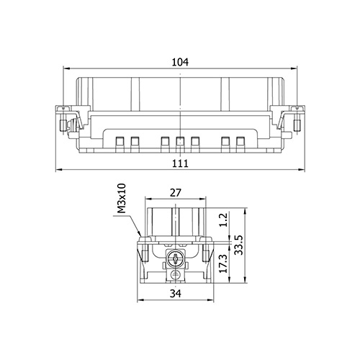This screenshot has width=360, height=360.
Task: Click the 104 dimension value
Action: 180,62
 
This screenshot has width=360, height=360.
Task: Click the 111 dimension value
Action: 181,163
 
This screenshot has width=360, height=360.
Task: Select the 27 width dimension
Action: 175,193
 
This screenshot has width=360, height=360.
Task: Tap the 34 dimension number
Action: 176,293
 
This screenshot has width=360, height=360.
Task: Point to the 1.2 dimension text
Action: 223,220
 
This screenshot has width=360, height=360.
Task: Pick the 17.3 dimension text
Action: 223,264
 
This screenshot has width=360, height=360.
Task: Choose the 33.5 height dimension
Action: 239,245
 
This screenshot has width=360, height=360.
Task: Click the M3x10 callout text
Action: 122,198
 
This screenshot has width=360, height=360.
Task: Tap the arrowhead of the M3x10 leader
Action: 139,233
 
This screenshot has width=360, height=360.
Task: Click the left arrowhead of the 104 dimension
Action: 66,68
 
